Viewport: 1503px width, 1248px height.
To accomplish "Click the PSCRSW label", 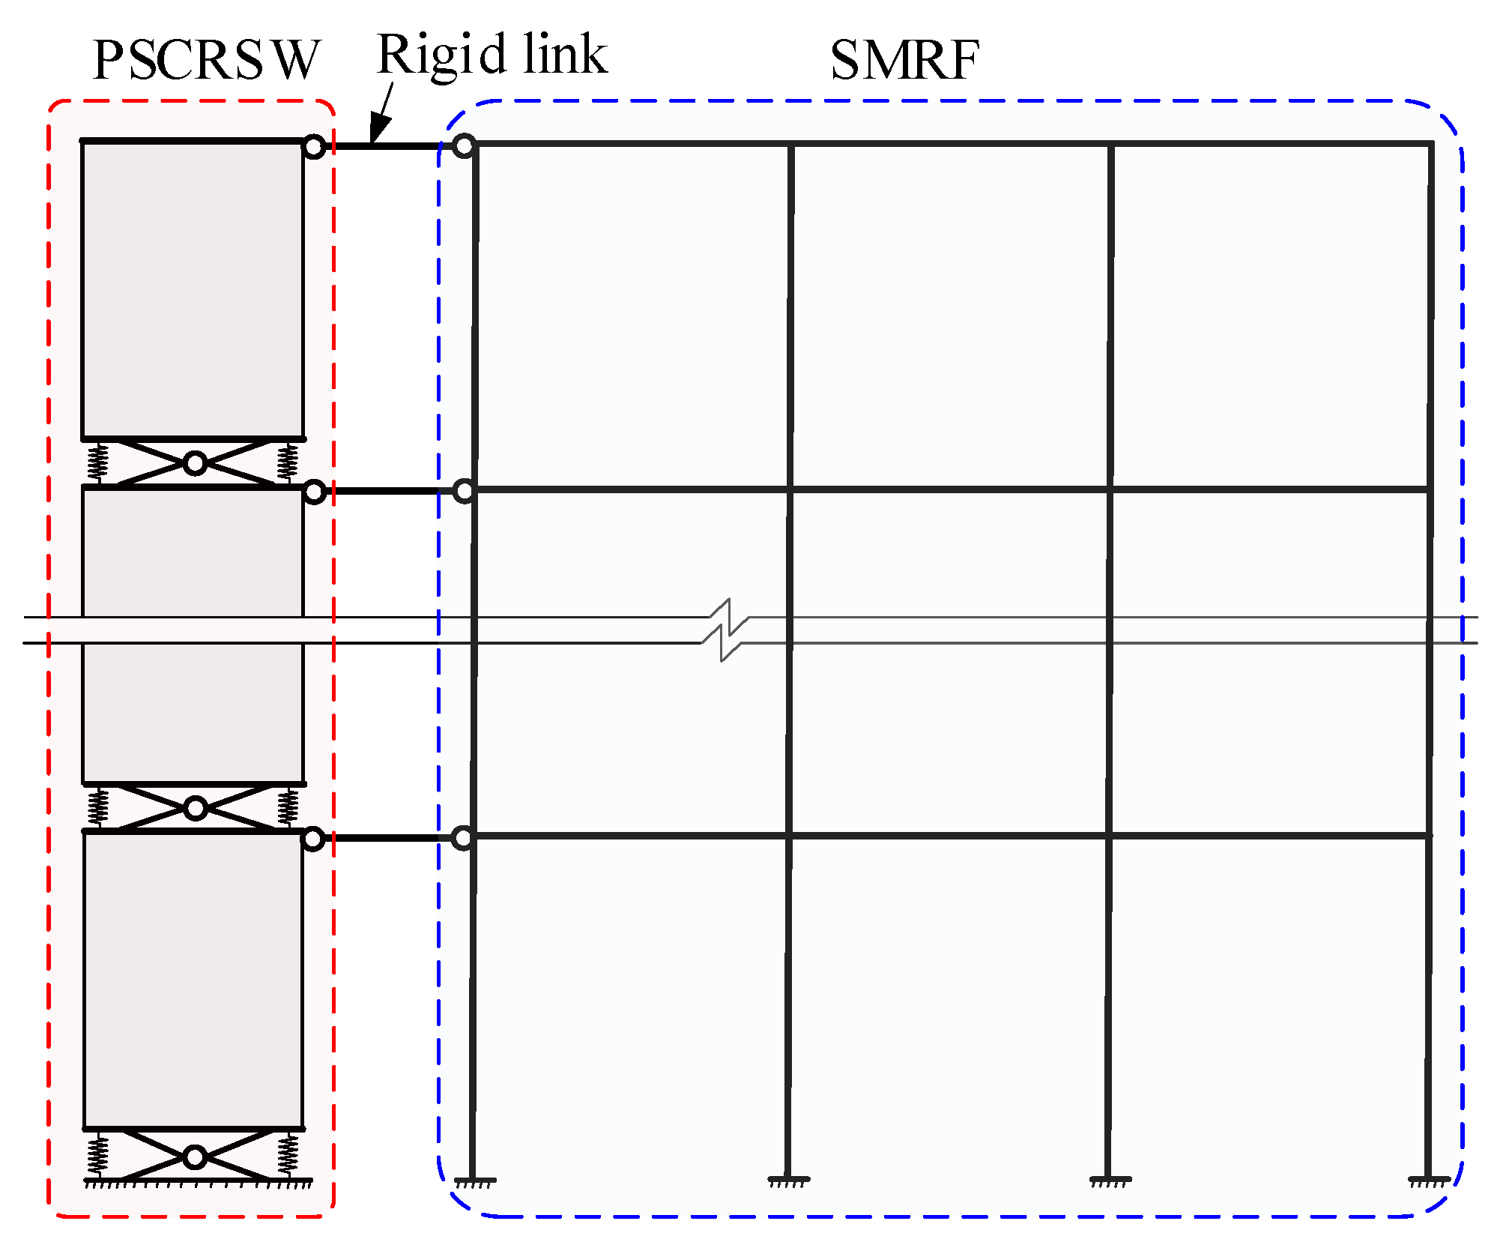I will click(206, 60).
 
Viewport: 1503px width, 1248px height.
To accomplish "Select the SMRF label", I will click(904, 60).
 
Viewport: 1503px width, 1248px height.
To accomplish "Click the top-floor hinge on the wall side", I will click(314, 147).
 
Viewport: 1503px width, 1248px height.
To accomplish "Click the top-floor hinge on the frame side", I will click(465, 145).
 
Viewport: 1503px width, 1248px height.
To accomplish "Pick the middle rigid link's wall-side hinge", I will click(314, 492).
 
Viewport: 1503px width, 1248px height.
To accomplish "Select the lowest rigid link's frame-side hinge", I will click(464, 837).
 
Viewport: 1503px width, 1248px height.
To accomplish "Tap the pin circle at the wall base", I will click(195, 1157).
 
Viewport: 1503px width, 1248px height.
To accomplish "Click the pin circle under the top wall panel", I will click(195, 464).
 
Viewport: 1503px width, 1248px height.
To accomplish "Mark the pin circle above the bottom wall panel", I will click(196, 808).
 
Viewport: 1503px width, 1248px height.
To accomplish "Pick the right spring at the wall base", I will click(288, 1155).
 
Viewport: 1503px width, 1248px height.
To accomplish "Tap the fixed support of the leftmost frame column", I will click(474, 1182).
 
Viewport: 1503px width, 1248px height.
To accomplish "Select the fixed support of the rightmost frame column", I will click(1429, 1182).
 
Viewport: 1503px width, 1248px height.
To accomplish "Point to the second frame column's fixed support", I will click(788, 1182).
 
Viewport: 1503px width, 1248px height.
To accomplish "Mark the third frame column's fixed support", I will click(1110, 1182).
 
